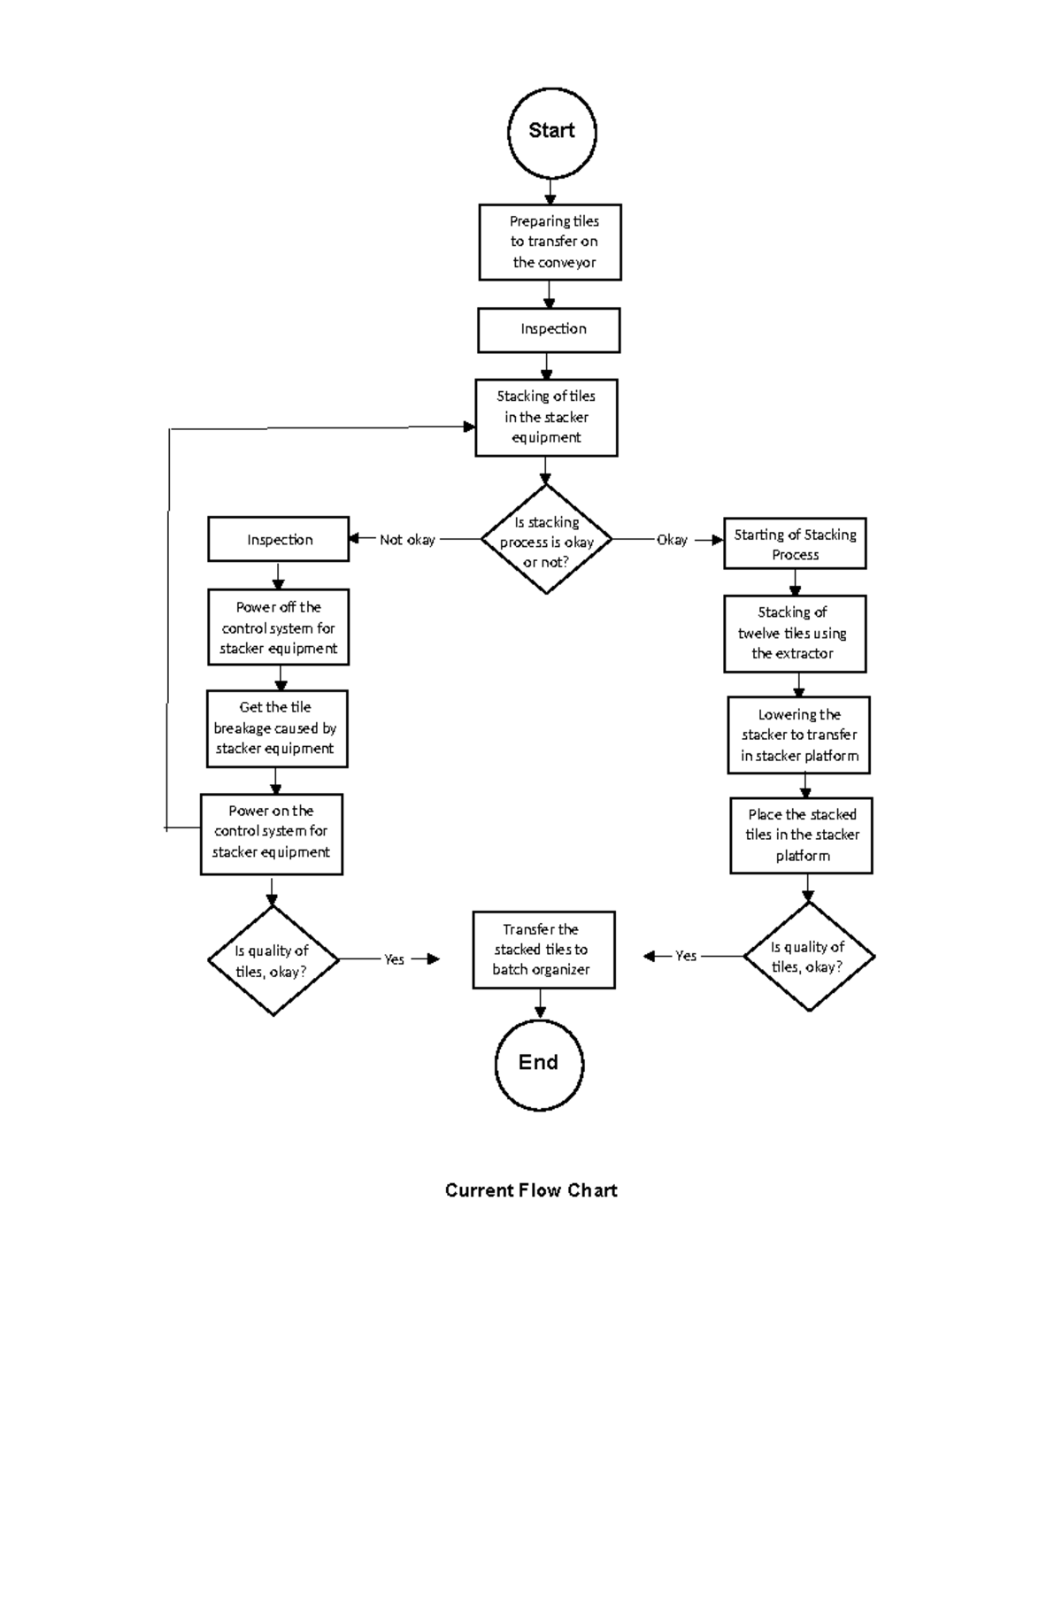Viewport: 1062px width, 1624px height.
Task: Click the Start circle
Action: pyautogui.click(x=551, y=132)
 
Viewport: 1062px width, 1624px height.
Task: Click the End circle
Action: pyautogui.click(x=538, y=1064)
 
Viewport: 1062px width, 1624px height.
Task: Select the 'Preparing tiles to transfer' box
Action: pyautogui.click(x=550, y=242)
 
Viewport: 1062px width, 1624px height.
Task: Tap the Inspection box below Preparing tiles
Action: pyautogui.click(x=549, y=330)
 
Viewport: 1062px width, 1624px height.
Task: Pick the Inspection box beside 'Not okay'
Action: pyautogui.click(x=279, y=539)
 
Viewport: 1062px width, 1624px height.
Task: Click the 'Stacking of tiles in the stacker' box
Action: pyautogui.click(x=546, y=418)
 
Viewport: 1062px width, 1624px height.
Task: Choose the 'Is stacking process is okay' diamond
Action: pyautogui.click(x=546, y=540)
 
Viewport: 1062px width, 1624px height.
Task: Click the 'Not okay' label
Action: pyautogui.click(x=407, y=540)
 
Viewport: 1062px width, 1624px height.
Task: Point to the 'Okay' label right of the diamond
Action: pyautogui.click(x=672, y=540)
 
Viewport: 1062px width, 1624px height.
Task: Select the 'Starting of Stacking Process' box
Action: pyautogui.click(x=795, y=543)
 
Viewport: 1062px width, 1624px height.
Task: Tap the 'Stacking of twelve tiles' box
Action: pyautogui.click(x=795, y=634)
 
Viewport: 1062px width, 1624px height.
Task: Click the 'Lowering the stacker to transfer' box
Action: pyautogui.click(x=799, y=735)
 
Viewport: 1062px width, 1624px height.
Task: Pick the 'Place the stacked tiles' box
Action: pyautogui.click(x=801, y=835)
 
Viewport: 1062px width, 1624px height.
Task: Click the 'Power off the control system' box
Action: pyautogui.click(x=279, y=627)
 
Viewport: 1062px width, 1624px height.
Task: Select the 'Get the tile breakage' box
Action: pyautogui.click(x=277, y=728)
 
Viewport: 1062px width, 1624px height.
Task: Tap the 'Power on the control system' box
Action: pyautogui.click(x=272, y=833)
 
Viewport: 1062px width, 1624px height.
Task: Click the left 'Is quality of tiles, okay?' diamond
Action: pyautogui.click(x=273, y=960)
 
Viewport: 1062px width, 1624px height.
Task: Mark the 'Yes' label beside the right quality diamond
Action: pyautogui.click(x=686, y=956)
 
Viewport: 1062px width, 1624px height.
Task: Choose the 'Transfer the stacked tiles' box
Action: pyautogui.click(x=543, y=950)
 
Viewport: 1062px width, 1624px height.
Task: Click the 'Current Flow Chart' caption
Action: pyautogui.click(x=531, y=1190)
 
